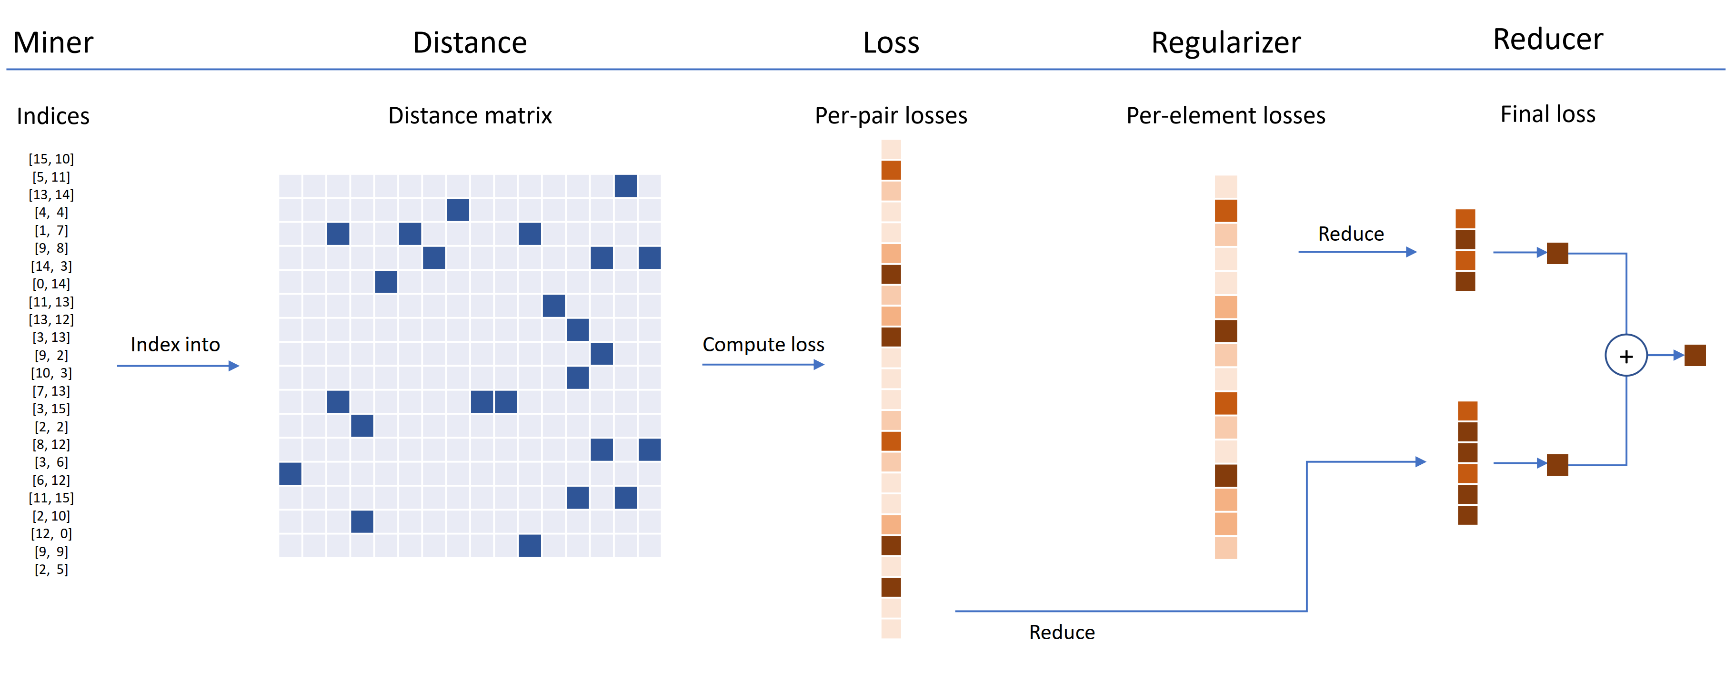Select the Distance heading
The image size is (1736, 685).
[x=470, y=42]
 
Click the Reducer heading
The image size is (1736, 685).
[x=1547, y=39]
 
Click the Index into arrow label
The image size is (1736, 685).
[x=175, y=345]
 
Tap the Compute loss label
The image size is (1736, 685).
[x=763, y=345]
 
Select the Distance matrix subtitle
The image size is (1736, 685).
[x=470, y=115]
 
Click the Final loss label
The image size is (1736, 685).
[x=1547, y=114]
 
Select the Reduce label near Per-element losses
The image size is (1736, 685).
[x=1351, y=234]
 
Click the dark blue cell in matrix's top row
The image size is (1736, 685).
[x=625, y=186]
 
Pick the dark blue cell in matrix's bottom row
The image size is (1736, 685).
[x=530, y=545]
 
